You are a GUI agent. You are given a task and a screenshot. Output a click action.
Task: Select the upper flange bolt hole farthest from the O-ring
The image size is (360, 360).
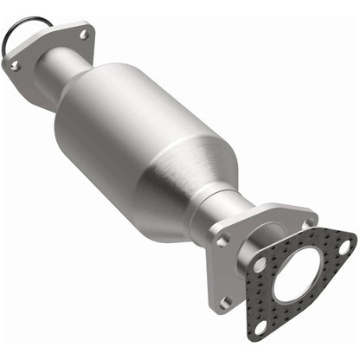tap(84, 35)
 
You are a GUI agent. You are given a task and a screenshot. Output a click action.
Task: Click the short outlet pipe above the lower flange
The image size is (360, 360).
tap(227, 212)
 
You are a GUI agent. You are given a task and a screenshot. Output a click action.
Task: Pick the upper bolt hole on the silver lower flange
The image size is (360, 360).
tap(222, 241)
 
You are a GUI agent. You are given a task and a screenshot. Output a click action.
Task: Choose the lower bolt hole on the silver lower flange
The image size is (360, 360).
tap(226, 300)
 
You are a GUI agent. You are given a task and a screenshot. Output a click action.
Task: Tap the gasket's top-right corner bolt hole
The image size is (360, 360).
tap(344, 247)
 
